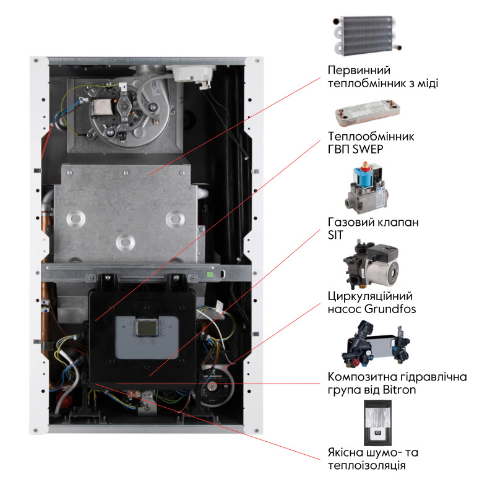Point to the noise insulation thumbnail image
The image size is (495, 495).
click(x=376, y=423)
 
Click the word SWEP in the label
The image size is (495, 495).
click(x=375, y=149)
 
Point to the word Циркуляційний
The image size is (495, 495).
click(x=369, y=295)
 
